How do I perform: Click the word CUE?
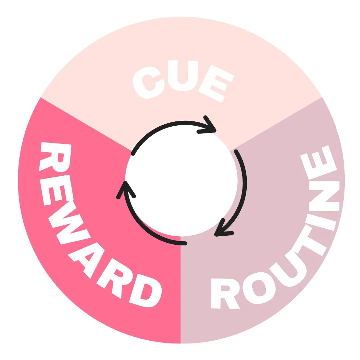tap(183, 80)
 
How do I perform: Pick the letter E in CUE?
tap(216, 83)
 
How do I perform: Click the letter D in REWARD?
tap(145, 291)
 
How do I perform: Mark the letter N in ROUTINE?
tap(324, 196)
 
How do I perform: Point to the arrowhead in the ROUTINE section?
tap(221, 231)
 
